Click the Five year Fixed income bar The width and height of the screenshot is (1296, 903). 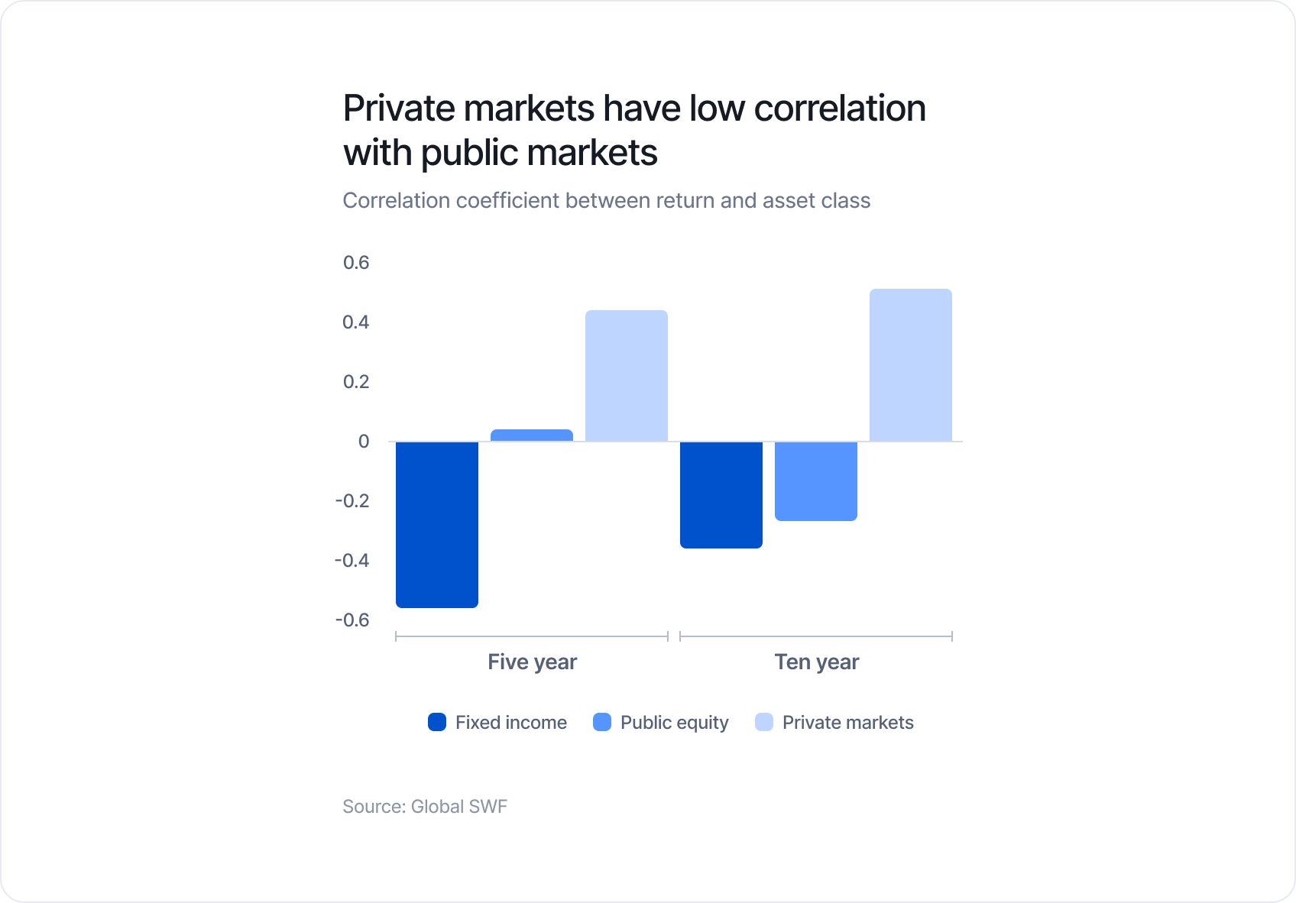[x=437, y=524]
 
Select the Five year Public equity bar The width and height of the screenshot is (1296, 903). [x=532, y=435]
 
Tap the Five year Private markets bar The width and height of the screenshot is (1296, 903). [x=627, y=376]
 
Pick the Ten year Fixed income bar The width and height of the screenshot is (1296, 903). [x=721, y=494]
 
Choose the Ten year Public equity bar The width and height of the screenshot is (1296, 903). [x=816, y=481]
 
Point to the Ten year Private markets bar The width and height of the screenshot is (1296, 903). [x=911, y=365]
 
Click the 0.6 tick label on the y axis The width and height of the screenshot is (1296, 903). [x=356, y=263]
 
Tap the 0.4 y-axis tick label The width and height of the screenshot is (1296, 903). [x=356, y=322]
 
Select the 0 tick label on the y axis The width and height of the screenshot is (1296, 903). [x=364, y=442]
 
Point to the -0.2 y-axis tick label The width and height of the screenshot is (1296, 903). [x=352, y=501]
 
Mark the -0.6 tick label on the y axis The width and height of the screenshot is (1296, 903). [x=352, y=620]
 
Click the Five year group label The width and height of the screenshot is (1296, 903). [x=532, y=662]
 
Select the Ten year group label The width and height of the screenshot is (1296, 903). [x=816, y=662]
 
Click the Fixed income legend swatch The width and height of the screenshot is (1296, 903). [x=437, y=722]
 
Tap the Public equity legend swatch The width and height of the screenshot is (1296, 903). [x=602, y=722]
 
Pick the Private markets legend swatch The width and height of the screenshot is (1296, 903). [x=764, y=722]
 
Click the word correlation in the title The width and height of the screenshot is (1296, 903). [x=840, y=108]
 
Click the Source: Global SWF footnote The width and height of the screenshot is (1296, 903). [x=425, y=807]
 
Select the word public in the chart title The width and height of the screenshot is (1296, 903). [x=468, y=153]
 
